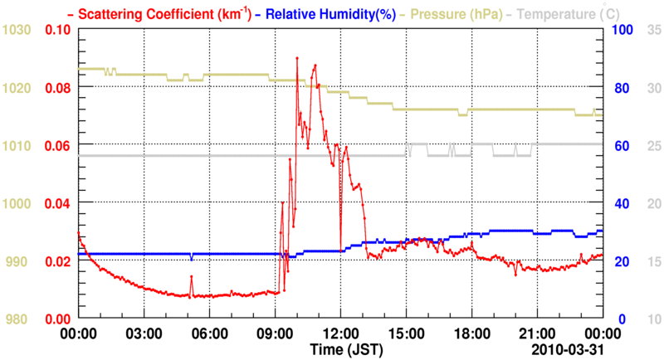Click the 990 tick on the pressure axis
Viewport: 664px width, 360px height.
pyautogui.click(x=18, y=261)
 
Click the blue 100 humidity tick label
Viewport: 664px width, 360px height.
pyautogui.click(x=622, y=30)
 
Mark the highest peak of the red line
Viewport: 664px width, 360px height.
pyautogui.click(x=297, y=58)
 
